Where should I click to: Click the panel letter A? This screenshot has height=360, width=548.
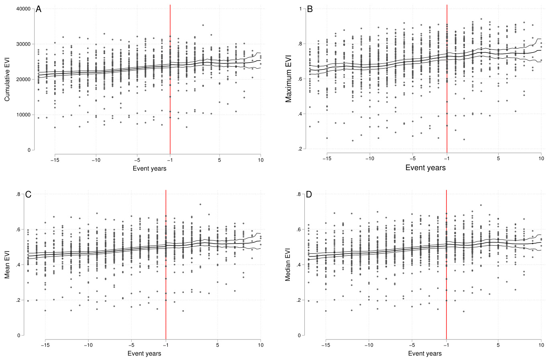pos(39,9)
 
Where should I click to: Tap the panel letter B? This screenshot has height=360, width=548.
pos(310,9)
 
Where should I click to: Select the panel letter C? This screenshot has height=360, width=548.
pos(29,195)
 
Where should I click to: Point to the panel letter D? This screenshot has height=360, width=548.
pos(310,195)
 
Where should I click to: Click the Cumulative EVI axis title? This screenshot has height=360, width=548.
pos(7,79)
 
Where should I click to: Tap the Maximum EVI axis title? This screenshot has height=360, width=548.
pos(288,79)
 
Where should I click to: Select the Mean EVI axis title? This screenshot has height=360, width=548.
pos(7,264)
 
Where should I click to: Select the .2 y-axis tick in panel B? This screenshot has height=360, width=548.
pos(299,149)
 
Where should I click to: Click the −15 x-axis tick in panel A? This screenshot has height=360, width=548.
pos(55,159)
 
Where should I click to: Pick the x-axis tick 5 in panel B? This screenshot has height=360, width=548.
pos(498,159)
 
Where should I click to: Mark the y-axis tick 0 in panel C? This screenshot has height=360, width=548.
pos(18,336)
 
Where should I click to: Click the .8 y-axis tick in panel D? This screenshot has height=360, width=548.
pos(299,194)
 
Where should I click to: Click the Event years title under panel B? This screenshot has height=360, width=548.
pos(425,168)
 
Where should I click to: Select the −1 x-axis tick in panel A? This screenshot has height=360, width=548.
pos(170,159)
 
